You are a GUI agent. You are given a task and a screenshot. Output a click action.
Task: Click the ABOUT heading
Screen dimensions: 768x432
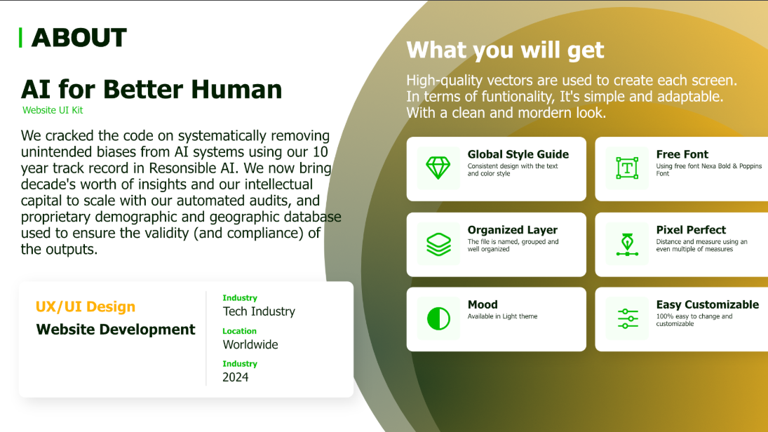[x=79, y=38]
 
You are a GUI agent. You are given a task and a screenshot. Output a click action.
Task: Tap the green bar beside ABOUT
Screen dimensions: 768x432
[x=20, y=38]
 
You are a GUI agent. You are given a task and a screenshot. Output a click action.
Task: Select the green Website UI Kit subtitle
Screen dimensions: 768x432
[x=53, y=110]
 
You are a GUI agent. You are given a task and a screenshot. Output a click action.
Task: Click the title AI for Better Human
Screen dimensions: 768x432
[x=151, y=89]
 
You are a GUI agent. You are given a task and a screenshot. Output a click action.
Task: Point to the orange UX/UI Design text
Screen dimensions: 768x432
[x=86, y=306]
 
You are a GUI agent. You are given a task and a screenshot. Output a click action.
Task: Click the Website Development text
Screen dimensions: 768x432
[x=116, y=329]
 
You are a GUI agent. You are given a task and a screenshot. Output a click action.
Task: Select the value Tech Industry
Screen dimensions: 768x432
[x=259, y=311]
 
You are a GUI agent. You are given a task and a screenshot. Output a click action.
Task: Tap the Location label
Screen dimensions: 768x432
[x=239, y=331]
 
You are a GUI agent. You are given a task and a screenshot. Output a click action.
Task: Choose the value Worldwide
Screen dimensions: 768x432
[x=250, y=345]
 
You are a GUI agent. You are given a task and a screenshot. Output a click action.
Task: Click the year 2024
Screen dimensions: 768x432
[x=236, y=377]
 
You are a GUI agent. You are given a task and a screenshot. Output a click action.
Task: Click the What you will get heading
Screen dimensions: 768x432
[x=506, y=50]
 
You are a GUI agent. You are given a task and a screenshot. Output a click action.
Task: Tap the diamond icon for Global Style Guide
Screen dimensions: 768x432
[x=438, y=168]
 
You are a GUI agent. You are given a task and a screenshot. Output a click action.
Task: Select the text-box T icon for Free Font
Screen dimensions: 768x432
[x=627, y=168]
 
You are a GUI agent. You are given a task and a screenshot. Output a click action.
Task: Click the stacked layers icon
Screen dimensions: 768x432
[x=438, y=244]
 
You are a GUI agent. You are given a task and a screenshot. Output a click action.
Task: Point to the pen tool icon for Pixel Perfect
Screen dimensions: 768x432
[x=627, y=244]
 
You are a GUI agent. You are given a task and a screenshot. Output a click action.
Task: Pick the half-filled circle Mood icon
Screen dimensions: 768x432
[x=438, y=319]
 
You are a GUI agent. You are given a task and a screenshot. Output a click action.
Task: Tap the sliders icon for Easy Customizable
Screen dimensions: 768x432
[x=628, y=319]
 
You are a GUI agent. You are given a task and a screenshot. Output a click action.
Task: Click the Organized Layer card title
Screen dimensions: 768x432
[x=512, y=230]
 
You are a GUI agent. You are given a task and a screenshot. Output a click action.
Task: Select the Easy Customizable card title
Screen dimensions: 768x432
[x=707, y=304]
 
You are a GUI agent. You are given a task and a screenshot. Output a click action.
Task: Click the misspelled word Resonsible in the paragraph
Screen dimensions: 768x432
[x=184, y=168]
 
